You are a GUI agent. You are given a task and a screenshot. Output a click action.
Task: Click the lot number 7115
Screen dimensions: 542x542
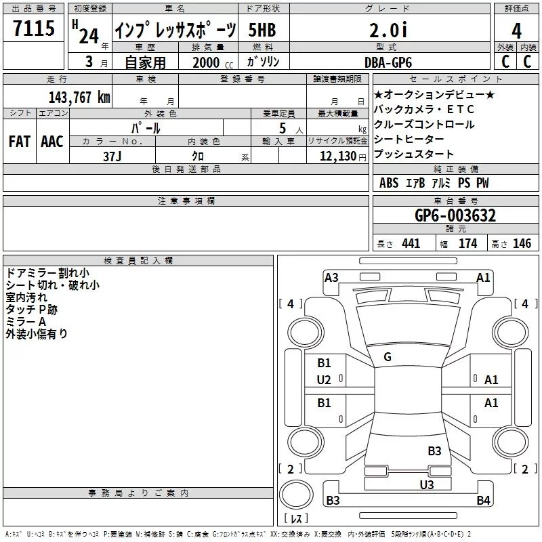click(34, 30)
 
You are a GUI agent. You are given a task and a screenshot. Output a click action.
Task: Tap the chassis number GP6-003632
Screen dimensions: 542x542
click(455, 215)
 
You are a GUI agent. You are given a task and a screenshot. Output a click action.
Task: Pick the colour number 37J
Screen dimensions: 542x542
click(113, 155)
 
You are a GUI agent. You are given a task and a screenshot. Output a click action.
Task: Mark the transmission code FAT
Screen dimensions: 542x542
click(20, 142)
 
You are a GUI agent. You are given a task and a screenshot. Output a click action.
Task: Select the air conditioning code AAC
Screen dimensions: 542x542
click(52, 142)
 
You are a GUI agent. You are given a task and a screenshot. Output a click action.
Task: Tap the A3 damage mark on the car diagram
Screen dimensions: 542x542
click(331, 277)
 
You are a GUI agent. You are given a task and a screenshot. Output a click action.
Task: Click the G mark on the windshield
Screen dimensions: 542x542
click(388, 357)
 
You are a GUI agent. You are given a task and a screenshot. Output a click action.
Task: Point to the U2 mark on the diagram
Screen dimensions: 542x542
click(325, 380)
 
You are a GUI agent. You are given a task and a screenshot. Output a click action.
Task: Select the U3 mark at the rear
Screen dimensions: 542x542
click(426, 484)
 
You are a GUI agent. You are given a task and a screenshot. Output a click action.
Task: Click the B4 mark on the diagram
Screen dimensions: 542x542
click(483, 501)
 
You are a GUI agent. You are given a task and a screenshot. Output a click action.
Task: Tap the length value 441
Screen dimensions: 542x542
click(411, 244)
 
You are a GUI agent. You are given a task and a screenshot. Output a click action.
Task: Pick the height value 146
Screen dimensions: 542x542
click(522, 244)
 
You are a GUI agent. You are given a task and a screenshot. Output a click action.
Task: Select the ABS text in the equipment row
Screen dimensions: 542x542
click(389, 183)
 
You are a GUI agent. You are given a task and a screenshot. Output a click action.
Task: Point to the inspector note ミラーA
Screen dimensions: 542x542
click(26, 321)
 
